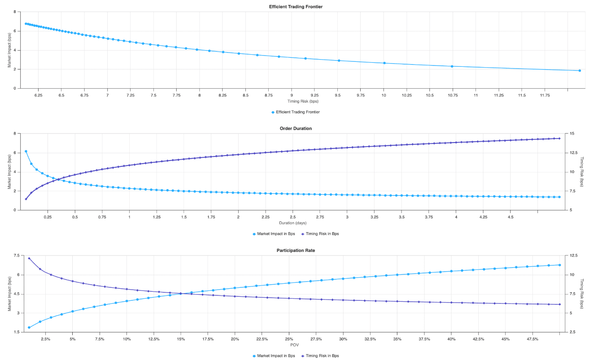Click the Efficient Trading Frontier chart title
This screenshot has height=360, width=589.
[296, 7]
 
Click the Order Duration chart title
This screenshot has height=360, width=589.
[296, 129]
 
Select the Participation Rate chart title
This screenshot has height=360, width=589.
[296, 250]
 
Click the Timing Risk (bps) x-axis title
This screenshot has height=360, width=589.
[296, 101]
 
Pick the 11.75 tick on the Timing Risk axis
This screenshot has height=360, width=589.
[545, 95]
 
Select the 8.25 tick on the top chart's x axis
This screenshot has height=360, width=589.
[223, 95]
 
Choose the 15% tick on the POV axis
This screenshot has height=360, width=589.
[181, 339]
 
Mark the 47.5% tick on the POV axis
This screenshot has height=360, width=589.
[532, 339]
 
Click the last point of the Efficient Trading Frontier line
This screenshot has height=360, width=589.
[580, 70]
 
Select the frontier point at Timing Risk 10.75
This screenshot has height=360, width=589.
[452, 66]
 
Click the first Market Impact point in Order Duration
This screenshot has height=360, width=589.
[26, 152]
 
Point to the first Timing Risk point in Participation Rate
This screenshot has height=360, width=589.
[29, 258]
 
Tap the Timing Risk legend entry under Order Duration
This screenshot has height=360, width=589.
[320, 234]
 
